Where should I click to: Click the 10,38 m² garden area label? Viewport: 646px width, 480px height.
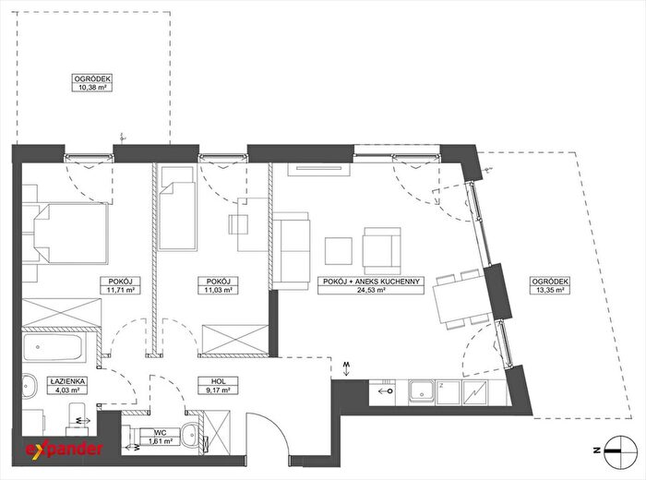click(92, 83)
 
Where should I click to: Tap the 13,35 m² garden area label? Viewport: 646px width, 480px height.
click(550, 285)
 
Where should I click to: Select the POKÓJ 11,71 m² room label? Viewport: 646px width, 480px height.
click(121, 285)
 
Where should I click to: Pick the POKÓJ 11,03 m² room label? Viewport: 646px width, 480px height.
click(218, 285)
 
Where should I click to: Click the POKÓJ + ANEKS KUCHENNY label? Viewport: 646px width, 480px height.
click(371, 285)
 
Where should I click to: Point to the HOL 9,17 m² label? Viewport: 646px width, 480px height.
click(218, 386)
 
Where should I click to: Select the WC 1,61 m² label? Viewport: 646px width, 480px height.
click(160, 438)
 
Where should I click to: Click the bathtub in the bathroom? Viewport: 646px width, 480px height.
click(54, 347)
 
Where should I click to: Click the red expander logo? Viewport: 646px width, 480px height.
click(65, 449)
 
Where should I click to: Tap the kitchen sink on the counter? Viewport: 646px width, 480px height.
click(423, 391)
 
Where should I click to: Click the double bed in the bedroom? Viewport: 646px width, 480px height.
click(66, 234)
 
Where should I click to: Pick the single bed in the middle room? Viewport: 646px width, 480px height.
click(177, 208)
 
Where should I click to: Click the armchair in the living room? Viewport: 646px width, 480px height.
click(382, 251)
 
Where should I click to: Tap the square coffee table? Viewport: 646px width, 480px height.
click(339, 251)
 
